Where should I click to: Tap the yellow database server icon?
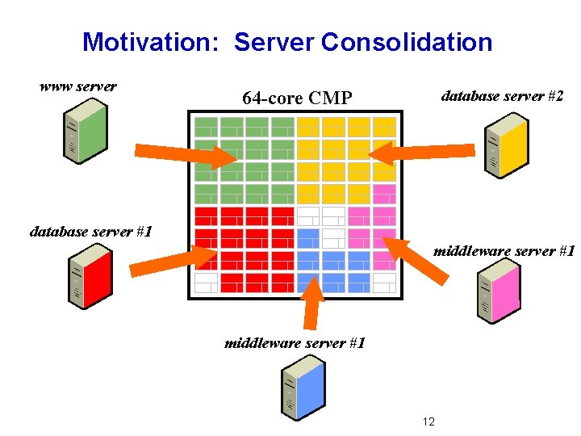click(x=506, y=146)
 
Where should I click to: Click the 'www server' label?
click(x=78, y=86)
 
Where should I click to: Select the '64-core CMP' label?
click(x=297, y=99)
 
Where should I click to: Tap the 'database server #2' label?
click(x=502, y=96)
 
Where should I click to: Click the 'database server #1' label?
click(x=91, y=232)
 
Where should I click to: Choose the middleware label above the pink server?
click(x=504, y=251)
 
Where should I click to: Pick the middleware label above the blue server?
click(x=295, y=343)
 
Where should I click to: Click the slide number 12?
click(x=428, y=421)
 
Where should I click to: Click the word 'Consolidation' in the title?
click(x=407, y=42)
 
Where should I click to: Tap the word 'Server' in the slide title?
click(x=274, y=42)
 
